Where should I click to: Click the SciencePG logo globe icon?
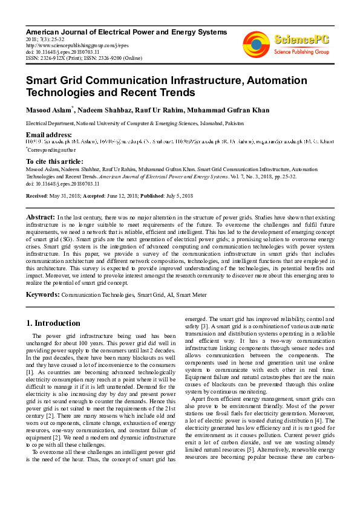257,44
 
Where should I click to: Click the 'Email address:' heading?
48,134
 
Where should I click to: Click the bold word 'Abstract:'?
41,216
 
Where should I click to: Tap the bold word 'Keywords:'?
42,294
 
